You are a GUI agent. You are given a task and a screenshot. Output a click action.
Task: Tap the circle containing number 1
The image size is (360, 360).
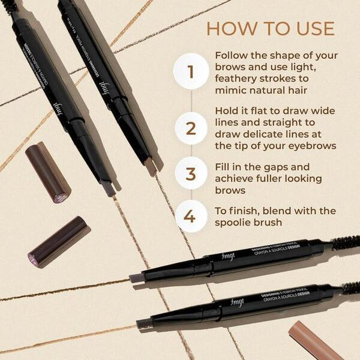coord(191,71)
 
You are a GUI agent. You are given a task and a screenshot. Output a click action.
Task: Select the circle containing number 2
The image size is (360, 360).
coord(191,127)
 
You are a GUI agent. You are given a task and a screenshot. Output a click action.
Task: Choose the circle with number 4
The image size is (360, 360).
coord(191,215)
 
